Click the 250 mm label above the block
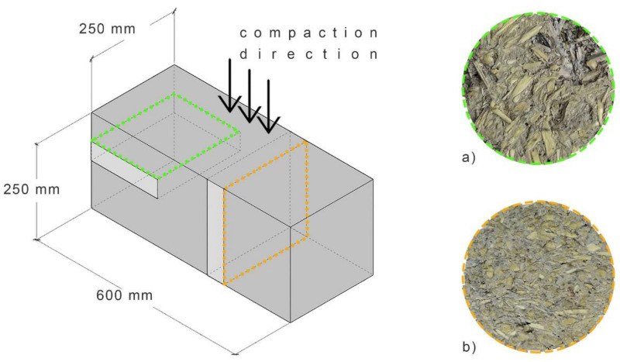(107, 29)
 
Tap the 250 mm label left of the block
(31, 188)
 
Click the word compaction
(308, 33)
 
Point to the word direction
(308, 55)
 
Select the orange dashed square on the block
(266, 213)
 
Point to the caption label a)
(467, 157)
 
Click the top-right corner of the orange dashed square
(307, 142)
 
